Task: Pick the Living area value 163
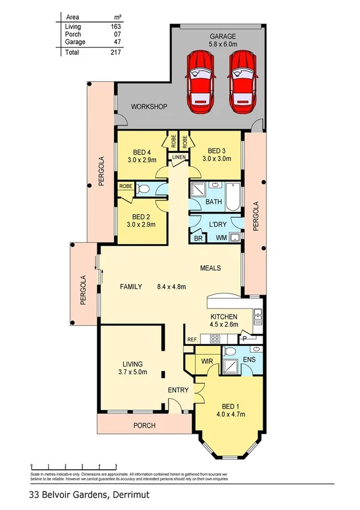click(116, 27)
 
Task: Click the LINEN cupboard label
click(178, 158)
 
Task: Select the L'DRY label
click(217, 224)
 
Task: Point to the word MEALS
click(211, 268)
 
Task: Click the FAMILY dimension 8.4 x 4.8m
click(171, 287)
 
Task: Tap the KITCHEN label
click(223, 317)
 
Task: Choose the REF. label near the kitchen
click(192, 340)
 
